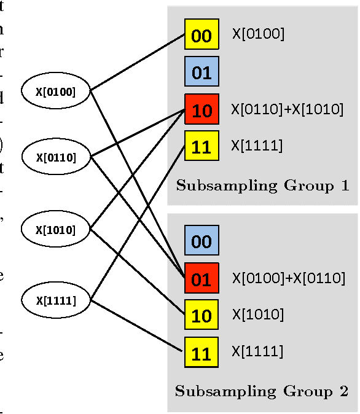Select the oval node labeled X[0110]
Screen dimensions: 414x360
coord(56,157)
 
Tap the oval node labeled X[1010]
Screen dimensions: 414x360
coord(56,230)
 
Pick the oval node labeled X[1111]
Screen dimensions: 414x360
coord(56,300)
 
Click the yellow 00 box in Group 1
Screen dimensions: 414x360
coord(202,36)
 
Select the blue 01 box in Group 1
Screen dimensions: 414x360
coord(202,72)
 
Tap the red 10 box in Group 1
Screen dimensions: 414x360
coord(202,110)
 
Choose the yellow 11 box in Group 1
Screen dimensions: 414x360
coord(202,147)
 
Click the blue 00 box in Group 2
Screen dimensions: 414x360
coord(202,241)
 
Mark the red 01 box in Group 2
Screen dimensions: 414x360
coord(202,279)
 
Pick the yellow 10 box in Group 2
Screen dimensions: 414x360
coord(202,316)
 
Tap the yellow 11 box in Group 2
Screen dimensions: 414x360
coord(202,353)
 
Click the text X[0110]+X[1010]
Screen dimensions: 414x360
coord(287,110)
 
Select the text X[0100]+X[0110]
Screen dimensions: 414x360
coord(288,278)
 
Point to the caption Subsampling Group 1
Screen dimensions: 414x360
coord(262,186)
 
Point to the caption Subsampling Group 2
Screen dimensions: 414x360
coord(262,391)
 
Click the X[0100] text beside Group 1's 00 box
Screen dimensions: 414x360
coord(258,34)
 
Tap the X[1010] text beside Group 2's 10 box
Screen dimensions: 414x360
coord(257,315)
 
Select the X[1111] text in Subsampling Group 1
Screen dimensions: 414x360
coord(257,146)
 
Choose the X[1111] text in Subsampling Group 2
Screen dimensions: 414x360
coord(257,352)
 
